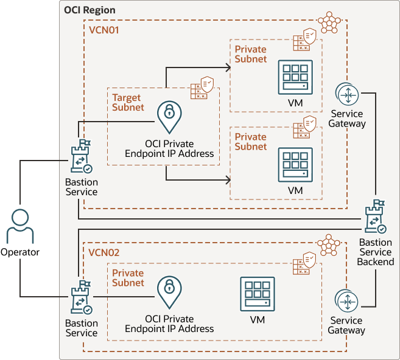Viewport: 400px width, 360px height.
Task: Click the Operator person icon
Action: coord(20,226)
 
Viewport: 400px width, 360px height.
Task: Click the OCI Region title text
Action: coord(89,11)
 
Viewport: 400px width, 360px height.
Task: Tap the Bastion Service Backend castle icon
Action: coord(375,217)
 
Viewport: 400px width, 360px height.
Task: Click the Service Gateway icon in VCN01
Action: coord(346,95)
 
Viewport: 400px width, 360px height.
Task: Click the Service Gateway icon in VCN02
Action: coord(346,302)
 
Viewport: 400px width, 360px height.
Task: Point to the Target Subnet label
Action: coord(128,102)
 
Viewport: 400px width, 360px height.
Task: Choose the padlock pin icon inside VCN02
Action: coord(169,293)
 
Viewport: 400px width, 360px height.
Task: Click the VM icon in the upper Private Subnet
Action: coord(295,77)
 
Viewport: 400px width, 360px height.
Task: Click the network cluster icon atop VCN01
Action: coord(329,22)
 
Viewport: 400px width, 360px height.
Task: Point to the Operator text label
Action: coord(20,252)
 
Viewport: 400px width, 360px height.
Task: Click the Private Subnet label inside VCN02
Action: coord(128,278)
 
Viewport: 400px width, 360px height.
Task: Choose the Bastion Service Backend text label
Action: coord(376,252)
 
